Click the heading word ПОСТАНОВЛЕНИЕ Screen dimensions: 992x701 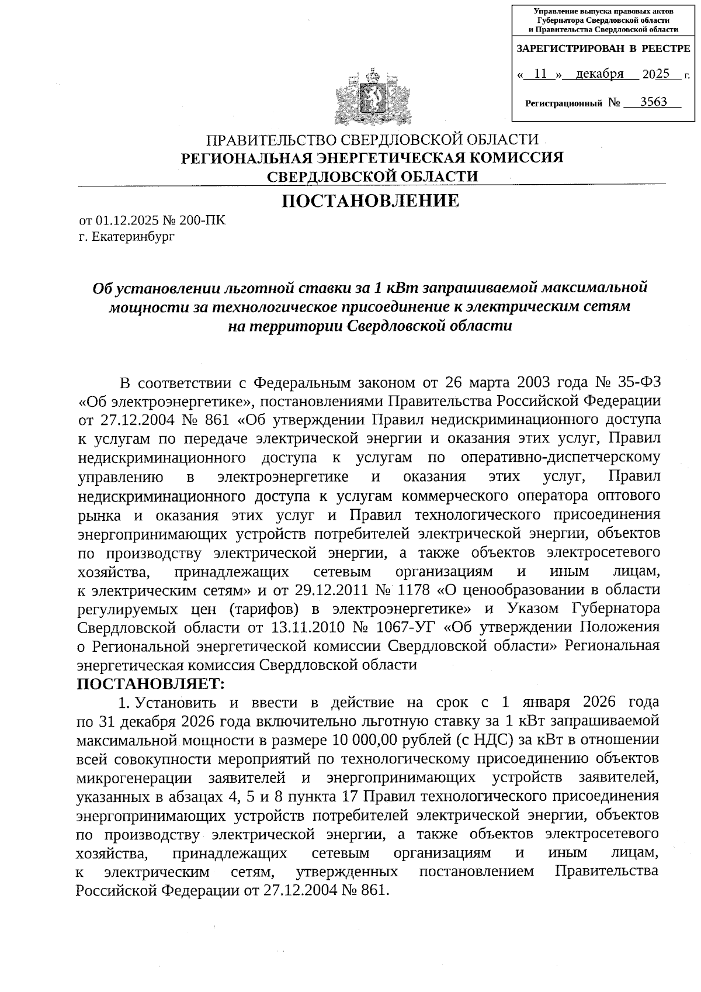tap(370, 202)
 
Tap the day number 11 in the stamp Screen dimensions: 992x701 tap(541, 74)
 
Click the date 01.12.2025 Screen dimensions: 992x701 tap(124, 221)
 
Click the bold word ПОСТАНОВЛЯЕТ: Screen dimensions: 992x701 tap(151, 683)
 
